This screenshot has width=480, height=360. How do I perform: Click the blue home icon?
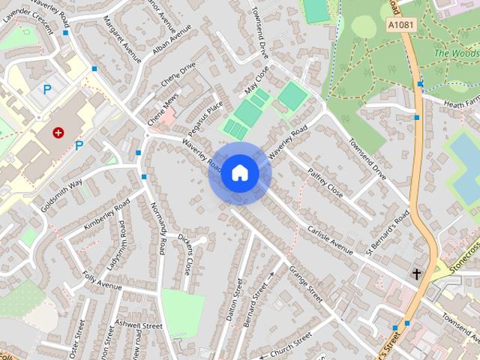click(240, 173)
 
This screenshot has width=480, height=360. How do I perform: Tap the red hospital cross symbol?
click(58, 132)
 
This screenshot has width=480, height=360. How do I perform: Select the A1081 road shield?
click(401, 25)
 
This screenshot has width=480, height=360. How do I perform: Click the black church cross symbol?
click(416, 274)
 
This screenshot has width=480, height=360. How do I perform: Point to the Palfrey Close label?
click(324, 183)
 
